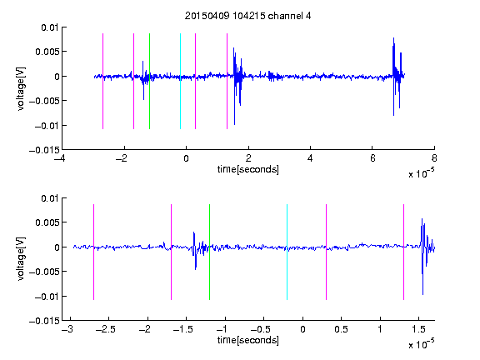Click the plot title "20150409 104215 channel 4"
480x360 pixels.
(x=247, y=16)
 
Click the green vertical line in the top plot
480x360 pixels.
(x=149, y=81)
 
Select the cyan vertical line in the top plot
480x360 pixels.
(x=180, y=81)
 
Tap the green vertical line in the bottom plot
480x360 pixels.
(x=209, y=252)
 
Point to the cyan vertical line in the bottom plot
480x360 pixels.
(x=287, y=252)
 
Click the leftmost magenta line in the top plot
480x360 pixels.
(x=102, y=81)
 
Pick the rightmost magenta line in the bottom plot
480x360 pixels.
(x=403, y=252)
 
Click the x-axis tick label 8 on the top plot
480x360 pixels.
(x=434, y=158)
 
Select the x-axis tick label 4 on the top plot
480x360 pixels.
(x=310, y=158)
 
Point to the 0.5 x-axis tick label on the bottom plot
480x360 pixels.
(x=341, y=329)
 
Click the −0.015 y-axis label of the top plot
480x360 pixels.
(x=44, y=150)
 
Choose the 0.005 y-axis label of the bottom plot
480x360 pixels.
(x=47, y=222)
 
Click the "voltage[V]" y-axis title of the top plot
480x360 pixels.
(x=21, y=89)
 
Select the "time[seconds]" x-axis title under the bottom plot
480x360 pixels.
(x=248, y=340)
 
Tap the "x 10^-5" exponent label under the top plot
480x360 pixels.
(x=421, y=173)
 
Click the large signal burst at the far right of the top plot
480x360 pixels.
(x=397, y=77)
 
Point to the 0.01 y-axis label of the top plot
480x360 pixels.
(x=50, y=27)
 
